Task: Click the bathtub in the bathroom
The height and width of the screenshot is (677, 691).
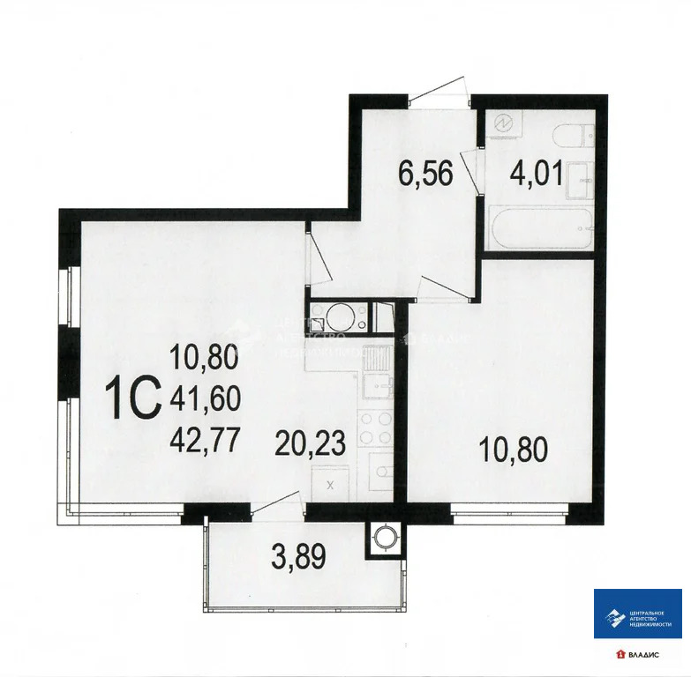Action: pyautogui.click(x=539, y=229)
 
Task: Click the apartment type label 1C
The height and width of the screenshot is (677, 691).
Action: pyautogui.click(x=132, y=399)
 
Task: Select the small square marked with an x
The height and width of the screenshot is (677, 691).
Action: pyautogui.click(x=331, y=484)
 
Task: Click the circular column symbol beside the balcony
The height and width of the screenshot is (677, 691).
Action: pyautogui.click(x=385, y=539)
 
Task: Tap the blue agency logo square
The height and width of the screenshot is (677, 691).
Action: pyautogui.click(x=637, y=614)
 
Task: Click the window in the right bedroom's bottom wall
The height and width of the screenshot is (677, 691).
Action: pyautogui.click(x=508, y=510)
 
